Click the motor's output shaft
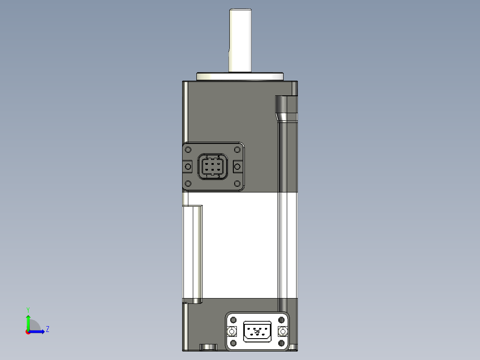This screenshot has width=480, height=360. pos(240,40)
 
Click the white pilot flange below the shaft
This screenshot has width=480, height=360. pos(240,77)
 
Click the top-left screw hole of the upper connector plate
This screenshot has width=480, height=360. pos(188,150)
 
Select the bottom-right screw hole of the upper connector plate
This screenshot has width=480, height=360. pos(238,184)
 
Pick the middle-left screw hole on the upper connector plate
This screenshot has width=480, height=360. pos(187,167)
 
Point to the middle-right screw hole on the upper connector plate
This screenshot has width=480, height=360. pos(238,167)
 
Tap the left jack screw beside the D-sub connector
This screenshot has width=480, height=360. pos(232,331)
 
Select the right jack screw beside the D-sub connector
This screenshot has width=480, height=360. pos(282,331)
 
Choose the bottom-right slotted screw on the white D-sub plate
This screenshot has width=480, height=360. pos(281,343)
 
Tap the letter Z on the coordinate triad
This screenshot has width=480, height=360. pos(47,329)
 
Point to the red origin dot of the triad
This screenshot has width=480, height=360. pos(28,331)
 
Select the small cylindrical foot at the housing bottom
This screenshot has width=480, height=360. pos(208,347)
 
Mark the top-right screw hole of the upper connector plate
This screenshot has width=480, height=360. pos(238,150)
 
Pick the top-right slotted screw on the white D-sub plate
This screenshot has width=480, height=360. pos(281,320)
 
